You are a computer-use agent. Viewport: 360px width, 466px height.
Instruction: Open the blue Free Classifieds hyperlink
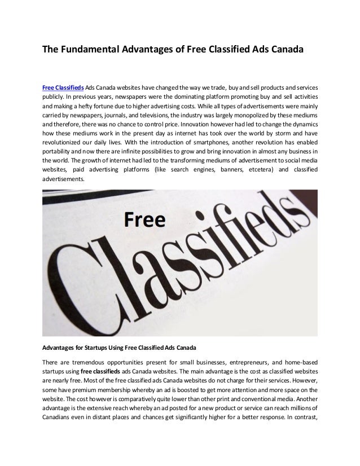coord(63,88)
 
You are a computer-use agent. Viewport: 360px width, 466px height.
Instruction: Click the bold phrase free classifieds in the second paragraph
coord(101,371)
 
